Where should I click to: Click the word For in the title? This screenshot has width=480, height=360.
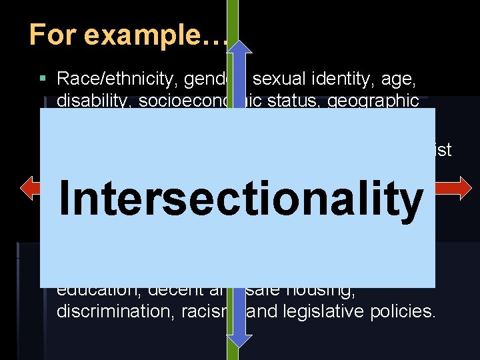(x=47, y=35)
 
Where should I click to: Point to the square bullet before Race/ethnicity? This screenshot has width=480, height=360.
(x=43, y=79)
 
